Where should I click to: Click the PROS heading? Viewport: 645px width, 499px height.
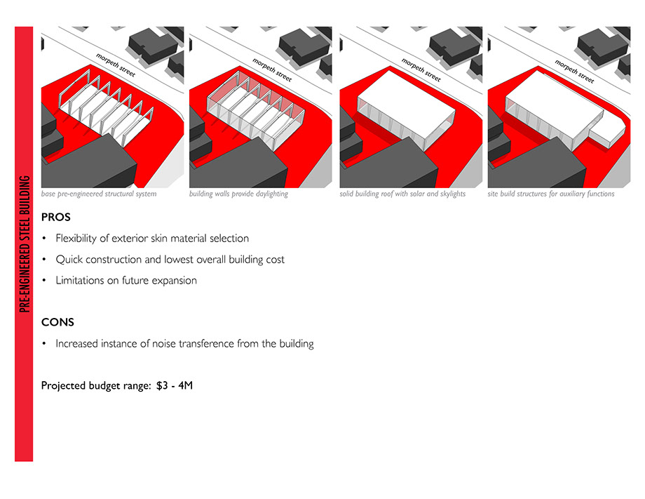tap(56, 217)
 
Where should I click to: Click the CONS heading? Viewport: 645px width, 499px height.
tap(57, 322)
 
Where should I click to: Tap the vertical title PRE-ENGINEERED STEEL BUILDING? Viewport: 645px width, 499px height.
tap(25, 244)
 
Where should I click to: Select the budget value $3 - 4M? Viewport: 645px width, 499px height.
tap(175, 385)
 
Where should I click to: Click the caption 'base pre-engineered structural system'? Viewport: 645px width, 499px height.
tap(99, 194)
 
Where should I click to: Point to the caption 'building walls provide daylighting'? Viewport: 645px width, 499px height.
tap(238, 194)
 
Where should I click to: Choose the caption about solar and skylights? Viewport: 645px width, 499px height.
tap(402, 194)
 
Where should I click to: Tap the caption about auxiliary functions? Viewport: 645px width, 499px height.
tap(551, 194)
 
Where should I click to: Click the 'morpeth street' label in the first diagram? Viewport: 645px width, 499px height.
tap(115, 65)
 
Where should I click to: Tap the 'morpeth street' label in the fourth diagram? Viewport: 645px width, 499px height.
tap(574, 71)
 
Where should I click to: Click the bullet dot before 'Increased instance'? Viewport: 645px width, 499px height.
tap(44, 343)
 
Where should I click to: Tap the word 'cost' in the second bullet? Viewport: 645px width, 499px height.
tap(276, 260)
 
